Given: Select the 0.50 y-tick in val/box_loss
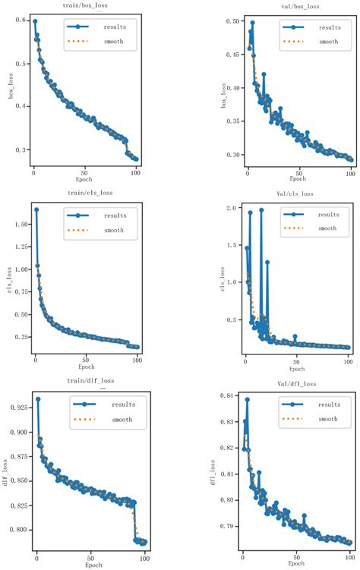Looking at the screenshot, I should pos(223,22).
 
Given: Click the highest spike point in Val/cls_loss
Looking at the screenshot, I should pos(261,209).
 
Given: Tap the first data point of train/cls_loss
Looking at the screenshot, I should pos(36,209).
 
